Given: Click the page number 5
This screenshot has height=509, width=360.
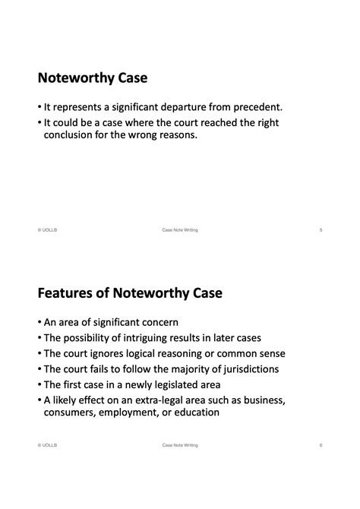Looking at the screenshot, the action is (x=321, y=229).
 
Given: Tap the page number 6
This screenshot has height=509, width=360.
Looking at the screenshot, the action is (x=321, y=445).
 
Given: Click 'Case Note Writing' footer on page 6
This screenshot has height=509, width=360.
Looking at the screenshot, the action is (x=180, y=445).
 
